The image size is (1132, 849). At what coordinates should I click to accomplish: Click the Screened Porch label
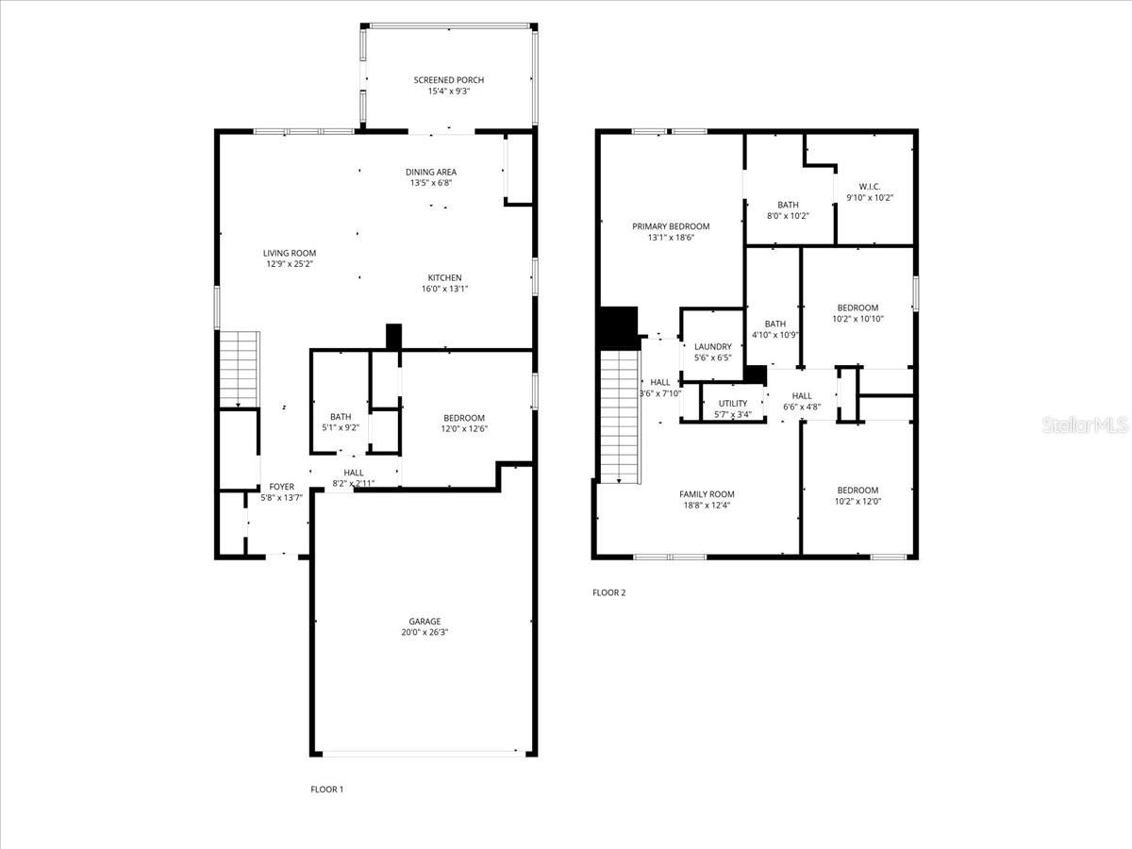[x=448, y=80]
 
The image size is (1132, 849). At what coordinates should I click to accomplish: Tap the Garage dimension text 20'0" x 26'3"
[x=424, y=634]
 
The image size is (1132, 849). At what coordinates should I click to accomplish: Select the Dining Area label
[x=431, y=172]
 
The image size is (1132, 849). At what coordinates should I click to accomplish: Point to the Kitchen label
[x=444, y=277]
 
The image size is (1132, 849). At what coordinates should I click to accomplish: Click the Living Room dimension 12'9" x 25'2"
[x=290, y=265]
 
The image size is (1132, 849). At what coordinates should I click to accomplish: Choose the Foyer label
[x=282, y=487]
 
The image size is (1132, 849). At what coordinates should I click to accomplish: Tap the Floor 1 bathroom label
[x=341, y=417]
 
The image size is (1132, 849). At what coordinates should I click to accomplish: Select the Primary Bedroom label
[x=671, y=226]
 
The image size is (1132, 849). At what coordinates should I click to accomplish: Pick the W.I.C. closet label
[x=870, y=187]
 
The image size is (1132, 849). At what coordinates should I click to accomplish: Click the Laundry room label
[x=712, y=347]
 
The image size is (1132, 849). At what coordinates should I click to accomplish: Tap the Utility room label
[x=733, y=404]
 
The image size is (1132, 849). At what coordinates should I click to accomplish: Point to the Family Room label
[x=707, y=494]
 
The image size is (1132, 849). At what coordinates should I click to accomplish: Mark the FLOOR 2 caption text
[x=608, y=593]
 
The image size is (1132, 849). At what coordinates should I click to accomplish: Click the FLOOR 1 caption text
[x=327, y=789]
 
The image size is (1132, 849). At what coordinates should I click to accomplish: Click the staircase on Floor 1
[x=239, y=369]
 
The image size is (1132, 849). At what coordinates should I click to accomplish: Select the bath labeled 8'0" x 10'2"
[x=788, y=205]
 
